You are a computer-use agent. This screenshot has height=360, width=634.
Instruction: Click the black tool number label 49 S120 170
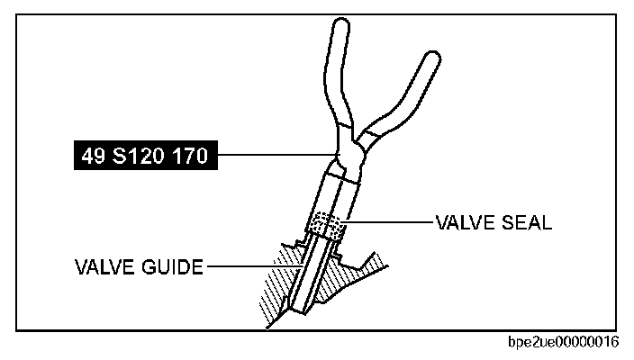tap(143, 157)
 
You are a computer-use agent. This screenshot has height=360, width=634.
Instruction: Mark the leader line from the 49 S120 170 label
tap(270, 157)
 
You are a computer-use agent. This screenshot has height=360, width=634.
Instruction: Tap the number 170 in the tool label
tap(186, 157)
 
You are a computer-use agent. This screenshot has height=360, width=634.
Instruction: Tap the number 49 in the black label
tap(93, 157)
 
